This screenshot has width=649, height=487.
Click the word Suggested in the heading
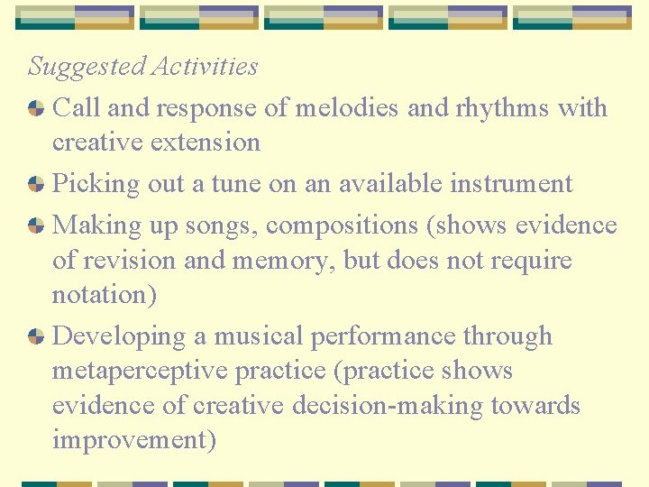86,67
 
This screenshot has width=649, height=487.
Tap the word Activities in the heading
205,67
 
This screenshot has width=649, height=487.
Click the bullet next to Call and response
36,108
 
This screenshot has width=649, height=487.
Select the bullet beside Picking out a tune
36,184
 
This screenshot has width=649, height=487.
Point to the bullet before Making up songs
36,225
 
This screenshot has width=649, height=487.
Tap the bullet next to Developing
36,336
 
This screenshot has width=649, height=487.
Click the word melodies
345,108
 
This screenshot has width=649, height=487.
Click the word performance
383,336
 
